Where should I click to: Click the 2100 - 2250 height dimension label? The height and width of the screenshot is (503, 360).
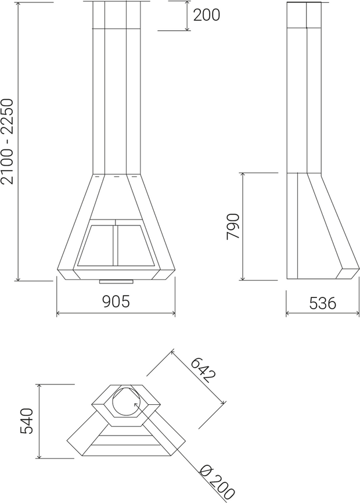point(8,141)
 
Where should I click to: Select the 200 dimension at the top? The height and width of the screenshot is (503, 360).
point(207,15)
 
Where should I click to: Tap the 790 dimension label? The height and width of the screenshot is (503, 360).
point(232,227)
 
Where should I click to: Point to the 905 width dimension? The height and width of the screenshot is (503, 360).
point(116,301)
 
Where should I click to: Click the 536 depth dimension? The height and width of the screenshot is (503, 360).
point(322,303)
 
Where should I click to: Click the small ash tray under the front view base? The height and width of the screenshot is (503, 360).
point(116,282)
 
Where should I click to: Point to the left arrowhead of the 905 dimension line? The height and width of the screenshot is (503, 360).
point(58,314)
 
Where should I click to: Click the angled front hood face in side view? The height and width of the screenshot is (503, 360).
point(331,221)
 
